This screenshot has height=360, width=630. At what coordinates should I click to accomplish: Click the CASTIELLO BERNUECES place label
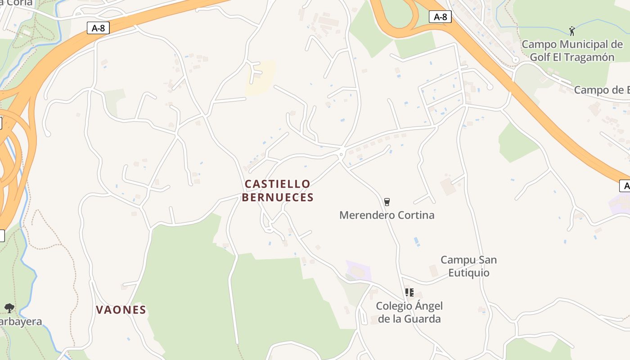[x=278, y=190]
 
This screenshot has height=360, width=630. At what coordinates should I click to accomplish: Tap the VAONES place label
[x=121, y=310]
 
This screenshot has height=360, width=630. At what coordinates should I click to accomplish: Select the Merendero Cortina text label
[x=387, y=215]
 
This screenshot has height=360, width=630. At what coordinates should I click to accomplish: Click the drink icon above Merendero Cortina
[x=387, y=202]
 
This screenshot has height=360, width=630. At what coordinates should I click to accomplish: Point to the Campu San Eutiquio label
[x=468, y=266]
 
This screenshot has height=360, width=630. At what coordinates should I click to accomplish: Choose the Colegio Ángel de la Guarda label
[x=409, y=312]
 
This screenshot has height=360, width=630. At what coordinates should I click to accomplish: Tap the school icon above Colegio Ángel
[x=409, y=292]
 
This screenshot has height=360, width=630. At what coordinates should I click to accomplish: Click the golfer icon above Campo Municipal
[x=572, y=31]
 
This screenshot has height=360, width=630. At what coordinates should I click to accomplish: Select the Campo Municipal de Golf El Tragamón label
[x=572, y=51]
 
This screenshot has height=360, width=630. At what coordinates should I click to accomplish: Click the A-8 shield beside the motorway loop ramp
[x=440, y=17]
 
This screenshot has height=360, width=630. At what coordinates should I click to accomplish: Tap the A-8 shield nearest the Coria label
[x=98, y=28]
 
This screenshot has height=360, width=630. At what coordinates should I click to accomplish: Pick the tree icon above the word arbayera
[x=9, y=308]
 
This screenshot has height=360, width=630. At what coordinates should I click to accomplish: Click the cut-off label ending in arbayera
[x=21, y=322]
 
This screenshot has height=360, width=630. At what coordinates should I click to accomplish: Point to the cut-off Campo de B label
[x=602, y=90]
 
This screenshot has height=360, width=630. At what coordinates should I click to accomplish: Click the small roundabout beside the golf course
[x=516, y=59]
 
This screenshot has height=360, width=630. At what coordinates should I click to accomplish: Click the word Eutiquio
[x=468, y=273]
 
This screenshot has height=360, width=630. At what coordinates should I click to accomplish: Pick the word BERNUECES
[x=278, y=197]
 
